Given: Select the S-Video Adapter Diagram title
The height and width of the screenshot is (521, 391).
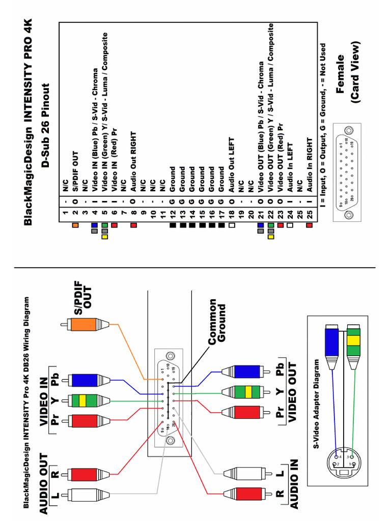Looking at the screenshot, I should point(317,404).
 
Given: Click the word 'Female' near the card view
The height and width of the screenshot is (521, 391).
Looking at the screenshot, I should point(341,74).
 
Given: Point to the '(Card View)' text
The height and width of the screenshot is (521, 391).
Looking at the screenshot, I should point(355,74).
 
